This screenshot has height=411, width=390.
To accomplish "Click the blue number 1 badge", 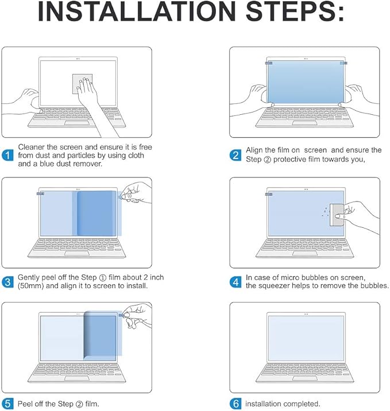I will pos(8,156).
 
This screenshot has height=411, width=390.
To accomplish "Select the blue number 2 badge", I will pos(235,155).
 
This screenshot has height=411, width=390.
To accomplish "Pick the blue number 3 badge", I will pos(8,282).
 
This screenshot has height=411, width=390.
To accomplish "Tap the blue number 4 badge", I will pos(235,282).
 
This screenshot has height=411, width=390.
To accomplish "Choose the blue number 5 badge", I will pos(8,404).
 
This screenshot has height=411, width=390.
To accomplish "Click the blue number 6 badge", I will pos(235,404).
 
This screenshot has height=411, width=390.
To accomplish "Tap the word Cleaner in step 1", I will pos(32,148).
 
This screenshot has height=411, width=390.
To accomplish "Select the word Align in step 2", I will pos(256,150).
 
